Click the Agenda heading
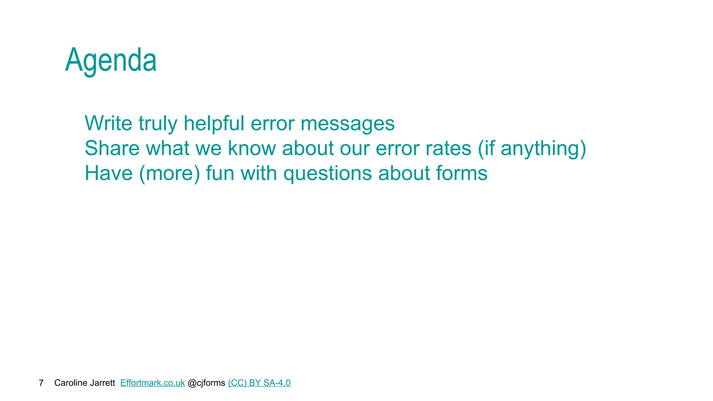point(111,61)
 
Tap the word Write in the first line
point(108,123)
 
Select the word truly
point(158,124)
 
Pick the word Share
point(112,148)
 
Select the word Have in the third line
point(109,173)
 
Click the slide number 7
point(41,383)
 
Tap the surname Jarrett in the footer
point(104,383)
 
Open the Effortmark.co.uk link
point(152,383)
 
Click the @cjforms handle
point(206,383)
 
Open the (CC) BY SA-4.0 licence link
point(259,383)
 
